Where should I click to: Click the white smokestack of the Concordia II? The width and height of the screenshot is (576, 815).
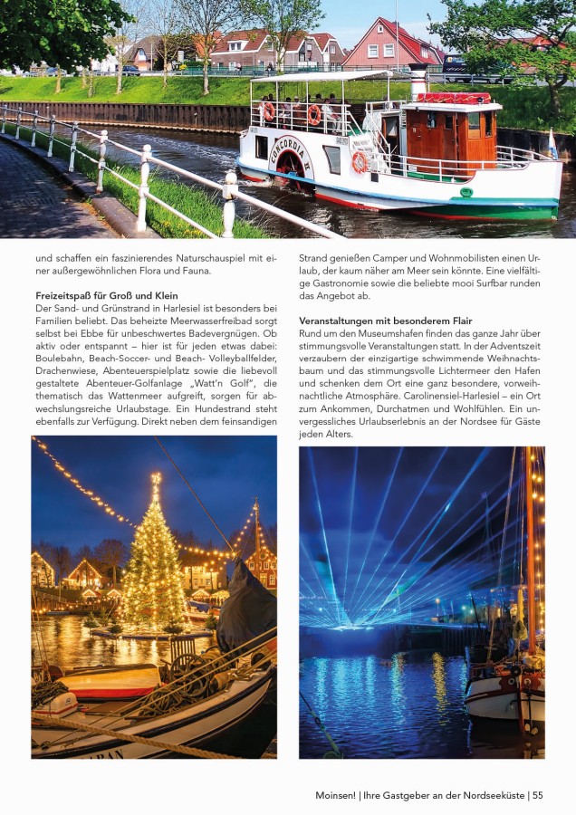tap(418, 81)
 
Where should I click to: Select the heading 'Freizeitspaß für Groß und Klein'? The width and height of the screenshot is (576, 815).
tap(107, 296)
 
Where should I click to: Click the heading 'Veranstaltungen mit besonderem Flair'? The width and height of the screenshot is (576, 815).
tap(386, 321)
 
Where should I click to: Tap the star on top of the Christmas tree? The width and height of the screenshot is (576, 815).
tap(156, 476)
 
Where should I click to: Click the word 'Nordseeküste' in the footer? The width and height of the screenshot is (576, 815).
tap(493, 795)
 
